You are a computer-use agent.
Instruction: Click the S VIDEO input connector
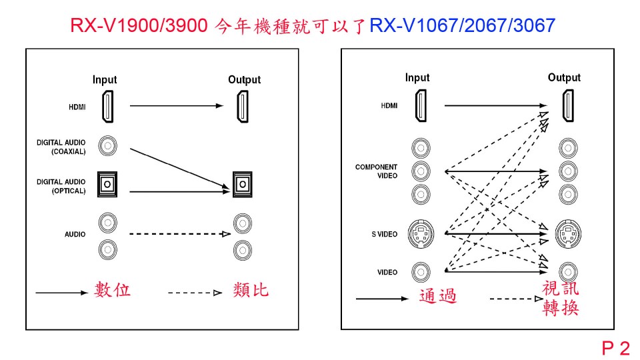(421, 234)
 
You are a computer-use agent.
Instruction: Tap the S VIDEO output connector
(567, 234)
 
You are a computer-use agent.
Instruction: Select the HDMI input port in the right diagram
(421, 105)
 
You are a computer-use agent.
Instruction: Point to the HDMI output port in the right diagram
(567, 105)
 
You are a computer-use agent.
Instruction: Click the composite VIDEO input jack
(421, 271)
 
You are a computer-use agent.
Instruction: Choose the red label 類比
(251, 290)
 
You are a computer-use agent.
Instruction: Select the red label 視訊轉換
(561, 298)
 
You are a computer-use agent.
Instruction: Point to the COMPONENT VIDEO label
(376, 171)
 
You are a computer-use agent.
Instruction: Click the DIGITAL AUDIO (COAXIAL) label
(61, 147)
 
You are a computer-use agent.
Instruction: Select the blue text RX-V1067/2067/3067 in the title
(462, 25)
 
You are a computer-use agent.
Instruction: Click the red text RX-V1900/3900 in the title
(141, 25)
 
